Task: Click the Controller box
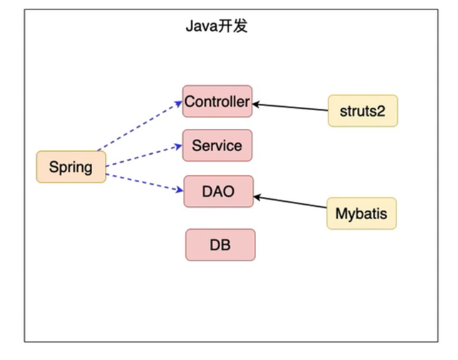point(217,101)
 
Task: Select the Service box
point(217,145)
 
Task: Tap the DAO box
point(219,191)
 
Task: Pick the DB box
point(220,245)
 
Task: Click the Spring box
point(71,167)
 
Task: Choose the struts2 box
point(363,111)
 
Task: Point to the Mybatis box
point(362,213)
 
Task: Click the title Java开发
point(217,26)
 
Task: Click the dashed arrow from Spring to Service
point(144,156)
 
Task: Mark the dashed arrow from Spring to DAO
point(145,183)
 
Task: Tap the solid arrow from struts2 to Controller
point(290,107)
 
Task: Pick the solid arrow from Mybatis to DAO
point(290,202)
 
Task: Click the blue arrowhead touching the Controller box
point(178,104)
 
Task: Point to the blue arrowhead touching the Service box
point(178,147)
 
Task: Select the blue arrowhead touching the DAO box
point(180,190)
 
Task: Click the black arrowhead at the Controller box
point(256,104)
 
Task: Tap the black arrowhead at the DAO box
point(257,198)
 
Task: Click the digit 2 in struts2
point(381,111)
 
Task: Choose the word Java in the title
point(202,26)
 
